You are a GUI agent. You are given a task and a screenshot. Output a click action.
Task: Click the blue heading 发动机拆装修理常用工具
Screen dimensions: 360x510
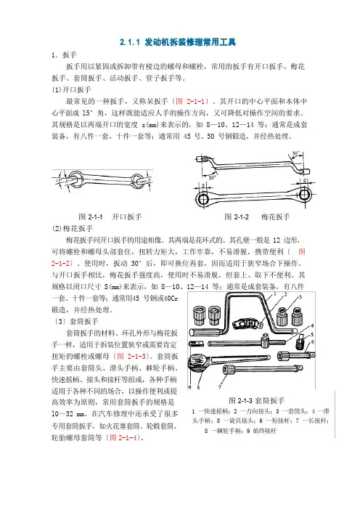pos(190,42)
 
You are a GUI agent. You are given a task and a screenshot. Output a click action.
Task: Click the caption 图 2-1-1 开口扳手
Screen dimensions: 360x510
pos(110,216)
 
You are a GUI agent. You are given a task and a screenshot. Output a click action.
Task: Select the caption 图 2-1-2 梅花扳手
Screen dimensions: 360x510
pos(257,216)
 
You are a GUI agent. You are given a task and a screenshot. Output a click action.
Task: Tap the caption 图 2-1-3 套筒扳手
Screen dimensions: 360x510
pos(257,400)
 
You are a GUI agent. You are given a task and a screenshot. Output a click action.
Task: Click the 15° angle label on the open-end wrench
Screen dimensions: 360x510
pos(59,180)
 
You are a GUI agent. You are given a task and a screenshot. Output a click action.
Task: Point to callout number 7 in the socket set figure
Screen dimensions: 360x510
pos(220,387)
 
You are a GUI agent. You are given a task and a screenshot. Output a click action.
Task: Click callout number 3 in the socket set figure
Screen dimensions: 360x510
pos(300,296)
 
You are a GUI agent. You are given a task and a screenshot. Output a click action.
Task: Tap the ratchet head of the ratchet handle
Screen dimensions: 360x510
pos(198,361)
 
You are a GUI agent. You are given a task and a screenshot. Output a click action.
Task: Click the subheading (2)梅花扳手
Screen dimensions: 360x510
pos(73,228)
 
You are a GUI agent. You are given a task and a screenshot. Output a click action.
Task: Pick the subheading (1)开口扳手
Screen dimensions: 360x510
pos(71,90)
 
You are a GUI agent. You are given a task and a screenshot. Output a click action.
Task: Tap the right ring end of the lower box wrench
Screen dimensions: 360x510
pos(305,195)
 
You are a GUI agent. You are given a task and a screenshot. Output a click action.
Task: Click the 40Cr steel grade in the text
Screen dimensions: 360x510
pos(171,299)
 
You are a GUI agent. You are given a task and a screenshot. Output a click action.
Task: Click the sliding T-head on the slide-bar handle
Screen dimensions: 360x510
pos(265,341)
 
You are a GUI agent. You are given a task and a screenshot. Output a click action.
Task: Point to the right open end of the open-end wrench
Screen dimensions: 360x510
pos(138,179)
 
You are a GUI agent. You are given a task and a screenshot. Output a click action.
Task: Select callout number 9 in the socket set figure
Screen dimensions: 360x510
pos(189,387)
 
